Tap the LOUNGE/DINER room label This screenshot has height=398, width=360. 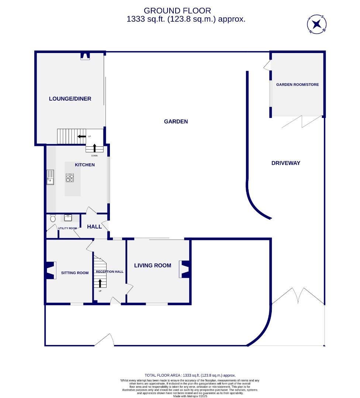(x=70, y=99)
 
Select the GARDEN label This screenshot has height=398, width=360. (x=176, y=121)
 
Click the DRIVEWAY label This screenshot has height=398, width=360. (x=285, y=163)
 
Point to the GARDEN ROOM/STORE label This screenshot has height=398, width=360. (x=297, y=84)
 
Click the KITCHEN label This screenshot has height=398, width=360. (x=85, y=165)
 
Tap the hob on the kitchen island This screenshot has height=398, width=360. (x=70, y=178)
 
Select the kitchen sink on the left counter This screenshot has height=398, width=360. (x=50, y=177)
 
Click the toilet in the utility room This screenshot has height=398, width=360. (x=53, y=219)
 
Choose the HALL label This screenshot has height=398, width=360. (x=94, y=227)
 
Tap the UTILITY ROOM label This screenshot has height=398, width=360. (x=67, y=228)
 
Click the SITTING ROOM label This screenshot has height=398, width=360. (x=75, y=273)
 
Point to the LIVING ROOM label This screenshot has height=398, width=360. (x=152, y=265)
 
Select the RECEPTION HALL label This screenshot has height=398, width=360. (x=110, y=272)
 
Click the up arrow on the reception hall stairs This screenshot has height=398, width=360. (x=100, y=283)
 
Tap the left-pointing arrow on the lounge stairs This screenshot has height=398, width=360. (x=82, y=136)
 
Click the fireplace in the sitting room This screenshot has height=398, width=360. (x=50, y=270)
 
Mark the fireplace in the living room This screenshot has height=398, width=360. (x=184, y=269)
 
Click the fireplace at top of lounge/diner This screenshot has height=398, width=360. (x=85, y=56)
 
